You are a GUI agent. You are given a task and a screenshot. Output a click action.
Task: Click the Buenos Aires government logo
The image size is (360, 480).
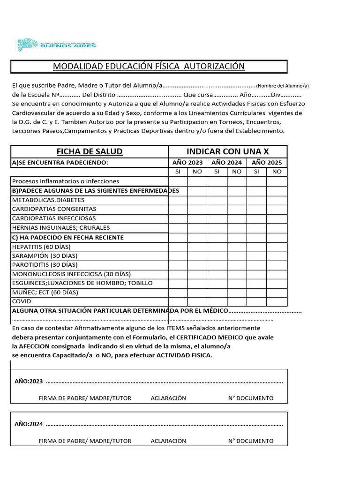(x=56, y=45)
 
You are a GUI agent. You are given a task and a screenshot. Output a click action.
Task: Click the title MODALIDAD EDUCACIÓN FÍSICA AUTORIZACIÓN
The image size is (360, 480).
(x=149, y=67)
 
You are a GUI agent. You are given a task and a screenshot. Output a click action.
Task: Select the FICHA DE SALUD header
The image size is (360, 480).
(x=90, y=151)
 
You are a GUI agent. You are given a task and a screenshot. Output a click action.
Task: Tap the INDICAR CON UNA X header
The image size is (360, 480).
(x=228, y=151)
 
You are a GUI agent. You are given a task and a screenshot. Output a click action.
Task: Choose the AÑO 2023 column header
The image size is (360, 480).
(x=187, y=163)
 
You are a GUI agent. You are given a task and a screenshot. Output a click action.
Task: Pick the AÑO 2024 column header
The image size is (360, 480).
(x=227, y=163)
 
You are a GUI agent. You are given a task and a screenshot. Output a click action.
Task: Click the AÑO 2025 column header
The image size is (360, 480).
(x=267, y=163)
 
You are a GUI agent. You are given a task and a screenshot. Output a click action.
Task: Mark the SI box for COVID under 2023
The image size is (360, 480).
(x=178, y=301)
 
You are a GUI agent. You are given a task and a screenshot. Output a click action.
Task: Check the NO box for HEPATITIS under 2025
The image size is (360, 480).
(x=277, y=247)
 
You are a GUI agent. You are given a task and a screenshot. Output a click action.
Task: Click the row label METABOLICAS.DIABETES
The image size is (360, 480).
(x=45, y=200)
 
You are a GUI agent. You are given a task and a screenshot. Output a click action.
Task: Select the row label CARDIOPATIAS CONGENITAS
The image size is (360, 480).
(x=54, y=209)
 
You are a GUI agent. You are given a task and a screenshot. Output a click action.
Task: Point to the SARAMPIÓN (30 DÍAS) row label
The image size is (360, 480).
(x=45, y=255)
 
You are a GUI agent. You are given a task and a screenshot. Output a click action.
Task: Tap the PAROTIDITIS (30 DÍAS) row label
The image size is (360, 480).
(x=45, y=265)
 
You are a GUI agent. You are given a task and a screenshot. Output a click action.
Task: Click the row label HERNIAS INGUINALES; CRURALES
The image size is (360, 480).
(x=61, y=228)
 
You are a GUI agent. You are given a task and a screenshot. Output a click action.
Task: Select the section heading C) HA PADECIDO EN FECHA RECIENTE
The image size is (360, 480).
(x=68, y=237)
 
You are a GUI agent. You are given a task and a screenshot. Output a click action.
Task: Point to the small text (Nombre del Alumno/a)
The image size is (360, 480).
(x=283, y=86)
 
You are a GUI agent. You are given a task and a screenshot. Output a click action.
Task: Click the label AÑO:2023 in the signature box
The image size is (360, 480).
(x=29, y=382)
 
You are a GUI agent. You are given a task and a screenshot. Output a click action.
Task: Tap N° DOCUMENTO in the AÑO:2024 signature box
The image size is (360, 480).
(x=251, y=441)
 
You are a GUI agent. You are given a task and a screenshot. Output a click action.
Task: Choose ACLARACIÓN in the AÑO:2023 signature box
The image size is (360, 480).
(x=168, y=398)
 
